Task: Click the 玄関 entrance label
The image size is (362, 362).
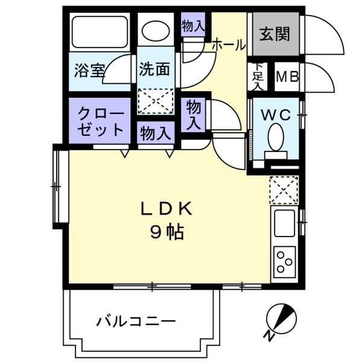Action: click(x=275, y=34)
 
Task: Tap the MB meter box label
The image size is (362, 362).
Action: click(x=287, y=77)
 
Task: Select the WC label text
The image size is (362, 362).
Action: click(x=276, y=115)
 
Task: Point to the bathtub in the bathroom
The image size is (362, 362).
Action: click(x=100, y=32)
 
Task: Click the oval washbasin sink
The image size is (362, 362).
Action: click(x=156, y=31)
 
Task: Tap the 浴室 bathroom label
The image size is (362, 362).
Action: click(x=89, y=71)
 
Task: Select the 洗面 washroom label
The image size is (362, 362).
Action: click(x=154, y=69)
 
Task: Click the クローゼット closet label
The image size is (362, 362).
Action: click(x=101, y=122)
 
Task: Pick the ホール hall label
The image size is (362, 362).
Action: click(x=229, y=45)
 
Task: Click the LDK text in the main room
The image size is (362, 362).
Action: click(x=167, y=209)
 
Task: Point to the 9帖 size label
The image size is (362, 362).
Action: click(x=167, y=232)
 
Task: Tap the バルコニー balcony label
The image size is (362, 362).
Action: click(x=136, y=321)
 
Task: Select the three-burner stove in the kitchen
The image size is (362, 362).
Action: click(x=284, y=262)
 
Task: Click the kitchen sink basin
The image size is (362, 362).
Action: click(x=284, y=223)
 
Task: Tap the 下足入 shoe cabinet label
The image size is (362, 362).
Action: click(x=258, y=77)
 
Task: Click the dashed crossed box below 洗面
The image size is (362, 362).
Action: click(x=156, y=101)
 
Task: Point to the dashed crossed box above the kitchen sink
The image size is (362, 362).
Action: click(x=284, y=190)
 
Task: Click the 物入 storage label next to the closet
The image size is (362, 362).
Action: click(x=156, y=133)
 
